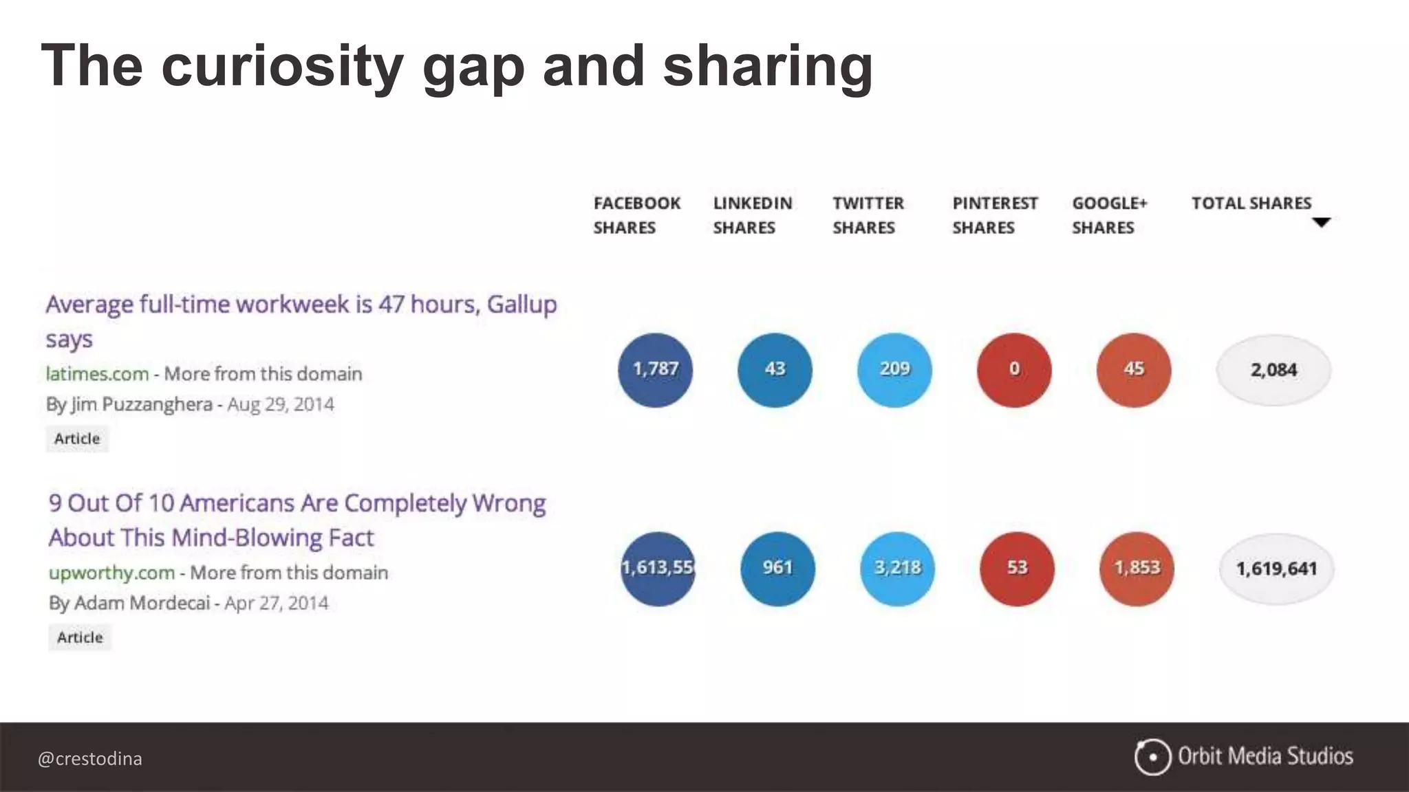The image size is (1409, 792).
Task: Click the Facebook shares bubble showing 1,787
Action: point(655,370)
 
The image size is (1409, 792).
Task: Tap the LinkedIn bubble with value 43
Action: point(775,370)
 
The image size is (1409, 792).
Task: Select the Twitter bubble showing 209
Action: point(894,370)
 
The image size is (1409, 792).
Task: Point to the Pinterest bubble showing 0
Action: point(1014,370)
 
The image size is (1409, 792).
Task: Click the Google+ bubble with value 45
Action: point(1134,370)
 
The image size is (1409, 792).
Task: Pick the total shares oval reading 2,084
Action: point(1273,370)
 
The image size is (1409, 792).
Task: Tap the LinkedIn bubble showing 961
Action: point(777,569)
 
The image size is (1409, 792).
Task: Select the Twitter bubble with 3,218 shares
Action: point(897,569)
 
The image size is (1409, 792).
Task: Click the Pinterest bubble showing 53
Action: point(1017,569)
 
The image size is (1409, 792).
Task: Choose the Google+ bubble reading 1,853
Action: point(1137,569)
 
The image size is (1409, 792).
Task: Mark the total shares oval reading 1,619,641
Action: point(1276,569)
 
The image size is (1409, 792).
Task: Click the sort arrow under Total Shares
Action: point(1321,222)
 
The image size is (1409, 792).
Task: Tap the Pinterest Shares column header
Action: point(994,215)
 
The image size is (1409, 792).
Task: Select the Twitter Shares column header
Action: point(868,215)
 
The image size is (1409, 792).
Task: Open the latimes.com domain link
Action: point(97,374)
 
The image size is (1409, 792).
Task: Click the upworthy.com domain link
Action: point(111,573)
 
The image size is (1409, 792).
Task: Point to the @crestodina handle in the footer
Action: point(90,759)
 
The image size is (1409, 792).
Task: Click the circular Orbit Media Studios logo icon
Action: point(1152,757)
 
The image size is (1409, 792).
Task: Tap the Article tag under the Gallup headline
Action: point(77,439)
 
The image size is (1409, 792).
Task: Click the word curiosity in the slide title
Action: point(282,67)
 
